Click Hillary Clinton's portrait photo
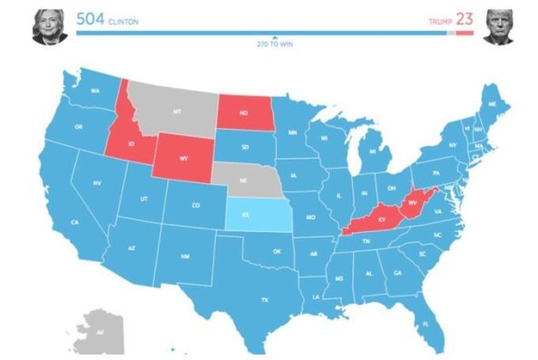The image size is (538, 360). (x=47, y=26)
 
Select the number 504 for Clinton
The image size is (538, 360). (x=91, y=18)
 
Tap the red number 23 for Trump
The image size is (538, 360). (x=464, y=18)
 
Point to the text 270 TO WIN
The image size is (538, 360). (x=274, y=43)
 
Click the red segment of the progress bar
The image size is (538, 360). (x=465, y=34)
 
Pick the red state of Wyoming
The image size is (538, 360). (x=183, y=157)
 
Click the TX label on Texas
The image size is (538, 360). (x=265, y=299)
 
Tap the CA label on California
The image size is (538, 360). (x=74, y=222)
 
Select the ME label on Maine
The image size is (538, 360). (x=491, y=104)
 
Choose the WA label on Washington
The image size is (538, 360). (x=94, y=92)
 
